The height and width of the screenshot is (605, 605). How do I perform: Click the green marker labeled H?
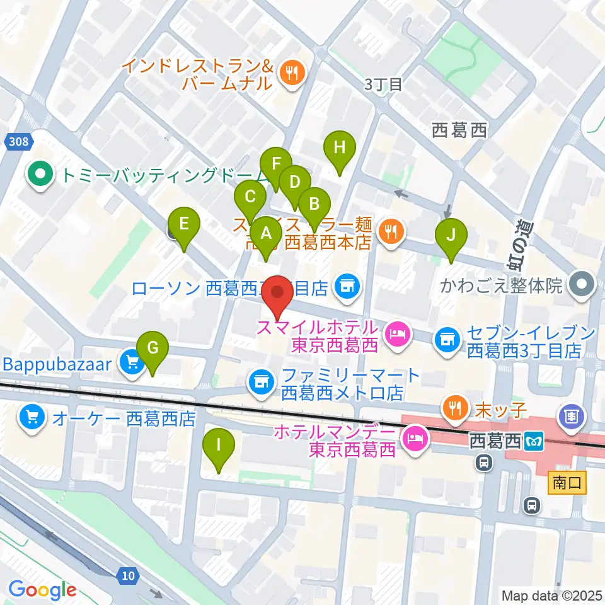click(340, 149)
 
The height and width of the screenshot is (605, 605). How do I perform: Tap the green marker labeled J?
click(451, 235)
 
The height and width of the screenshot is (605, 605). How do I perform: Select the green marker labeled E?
click(183, 224)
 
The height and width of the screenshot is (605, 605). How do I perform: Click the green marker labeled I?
click(219, 446)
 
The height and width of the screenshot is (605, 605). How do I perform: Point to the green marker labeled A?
click(266, 234)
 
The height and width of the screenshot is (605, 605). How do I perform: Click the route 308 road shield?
click(19, 142)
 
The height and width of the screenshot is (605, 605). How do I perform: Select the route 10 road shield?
click(128, 574)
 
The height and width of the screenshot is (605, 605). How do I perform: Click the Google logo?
click(42, 590)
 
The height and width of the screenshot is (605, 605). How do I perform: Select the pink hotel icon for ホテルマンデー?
click(415, 435)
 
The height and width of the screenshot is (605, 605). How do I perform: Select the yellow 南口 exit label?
click(567, 483)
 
